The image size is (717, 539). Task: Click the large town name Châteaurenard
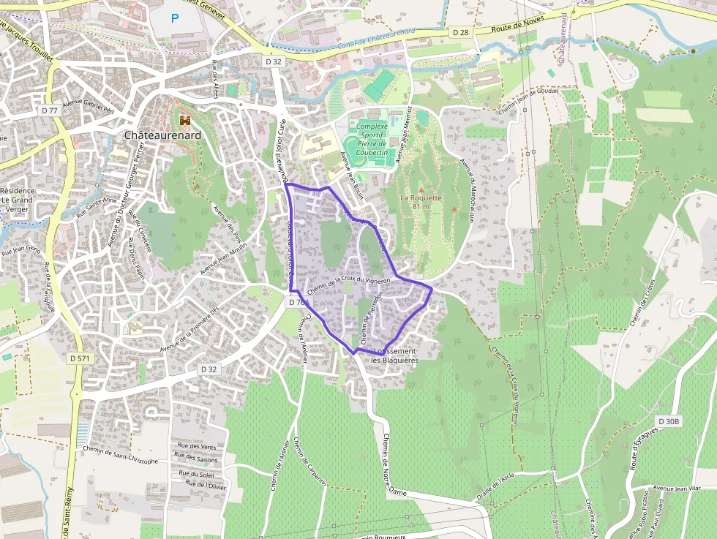pyautogui.click(x=162, y=135)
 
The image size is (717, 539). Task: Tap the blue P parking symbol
pyautogui.click(x=174, y=18)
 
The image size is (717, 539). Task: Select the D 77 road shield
pyautogui.click(x=49, y=110)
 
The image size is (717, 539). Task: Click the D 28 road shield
pyautogui.click(x=460, y=33)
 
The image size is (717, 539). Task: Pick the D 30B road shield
pyautogui.click(x=669, y=422)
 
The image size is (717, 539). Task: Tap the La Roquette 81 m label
pyautogui.click(x=421, y=202)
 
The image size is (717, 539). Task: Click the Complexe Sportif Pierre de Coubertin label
pyautogui.click(x=372, y=140)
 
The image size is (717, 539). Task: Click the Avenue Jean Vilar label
pyautogui.click(x=677, y=488)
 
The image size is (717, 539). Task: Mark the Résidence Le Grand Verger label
pyautogui.click(x=17, y=200)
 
